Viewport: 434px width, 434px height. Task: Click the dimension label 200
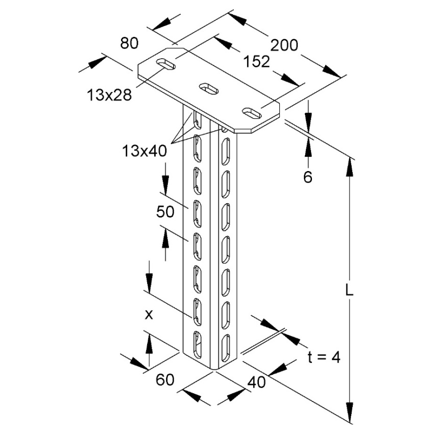click(284, 45)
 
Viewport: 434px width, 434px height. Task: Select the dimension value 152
click(256, 61)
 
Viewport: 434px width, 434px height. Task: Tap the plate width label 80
click(129, 43)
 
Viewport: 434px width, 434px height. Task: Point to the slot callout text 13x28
click(109, 95)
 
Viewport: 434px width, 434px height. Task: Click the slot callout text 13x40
click(144, 151)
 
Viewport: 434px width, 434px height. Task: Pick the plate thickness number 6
click(308, 177)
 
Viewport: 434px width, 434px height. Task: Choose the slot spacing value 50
click(165, 212)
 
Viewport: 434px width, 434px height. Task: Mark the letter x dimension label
click(149, 315)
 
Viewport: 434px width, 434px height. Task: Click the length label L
click(349, 291)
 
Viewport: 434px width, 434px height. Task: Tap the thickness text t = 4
click(324, 357)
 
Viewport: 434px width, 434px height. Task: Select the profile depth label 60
click(165, 379)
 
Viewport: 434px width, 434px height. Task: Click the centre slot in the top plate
click(209, 88)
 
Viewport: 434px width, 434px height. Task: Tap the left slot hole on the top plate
click(166, 64)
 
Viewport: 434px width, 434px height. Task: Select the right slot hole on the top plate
click(252, 113)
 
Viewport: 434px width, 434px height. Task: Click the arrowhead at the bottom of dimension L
click(350, 413)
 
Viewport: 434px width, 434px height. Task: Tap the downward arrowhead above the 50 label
click(165, 184)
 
